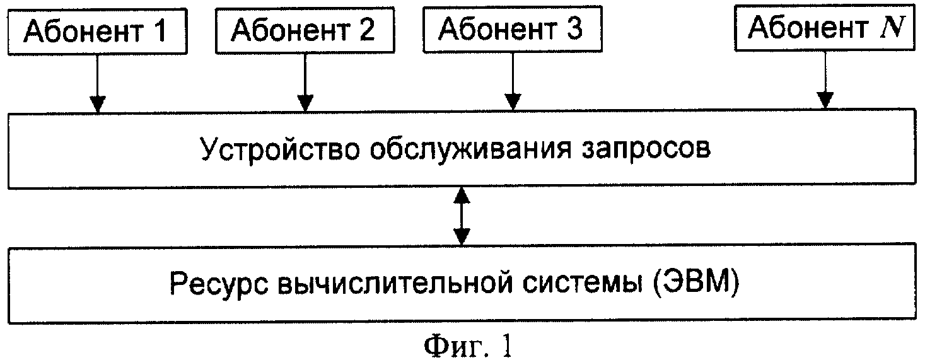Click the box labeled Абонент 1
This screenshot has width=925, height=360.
coord(98,32)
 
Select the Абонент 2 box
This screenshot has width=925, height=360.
coord(305,30)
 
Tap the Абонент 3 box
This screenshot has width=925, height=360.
coord(513,29)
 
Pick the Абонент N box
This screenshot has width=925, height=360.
coord(825,28)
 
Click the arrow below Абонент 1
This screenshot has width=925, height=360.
coord(98,83)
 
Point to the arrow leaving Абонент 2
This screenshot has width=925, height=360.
coord(305,83)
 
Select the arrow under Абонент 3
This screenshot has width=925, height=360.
coord(513,82)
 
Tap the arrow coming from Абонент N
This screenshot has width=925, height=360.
coord(825,80)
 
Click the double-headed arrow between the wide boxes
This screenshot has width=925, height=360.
coord(462,217)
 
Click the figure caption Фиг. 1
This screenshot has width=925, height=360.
coord(468,346)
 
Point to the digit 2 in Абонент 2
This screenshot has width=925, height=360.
coord(366,30)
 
